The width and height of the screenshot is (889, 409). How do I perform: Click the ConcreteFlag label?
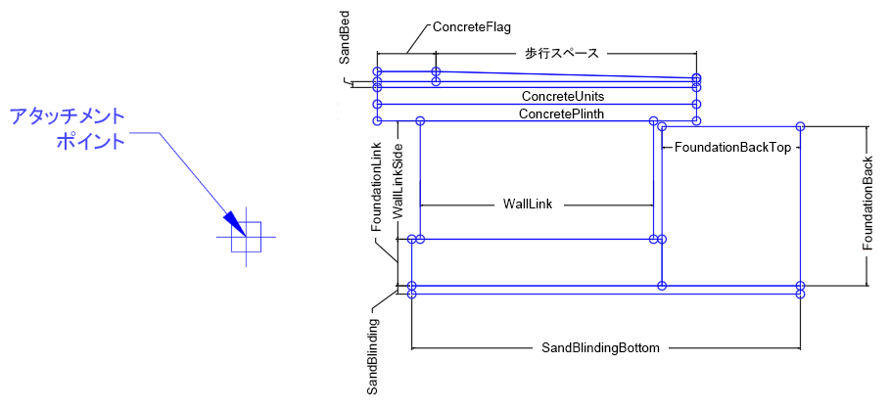472,27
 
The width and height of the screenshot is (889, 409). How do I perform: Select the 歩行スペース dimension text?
560,54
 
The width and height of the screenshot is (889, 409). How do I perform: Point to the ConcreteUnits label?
562,97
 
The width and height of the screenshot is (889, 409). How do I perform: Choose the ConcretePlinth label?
561,114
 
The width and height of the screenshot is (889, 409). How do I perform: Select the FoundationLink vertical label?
377,186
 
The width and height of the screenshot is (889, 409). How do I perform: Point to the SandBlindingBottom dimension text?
601,347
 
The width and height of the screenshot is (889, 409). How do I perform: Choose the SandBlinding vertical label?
373,355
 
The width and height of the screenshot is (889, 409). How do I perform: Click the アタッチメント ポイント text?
68,128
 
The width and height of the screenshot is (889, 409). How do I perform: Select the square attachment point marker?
247,237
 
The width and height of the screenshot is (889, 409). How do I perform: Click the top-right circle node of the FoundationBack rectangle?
801,126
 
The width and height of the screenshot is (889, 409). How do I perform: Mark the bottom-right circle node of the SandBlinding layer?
801,294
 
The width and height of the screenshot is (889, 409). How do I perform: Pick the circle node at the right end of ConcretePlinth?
696,121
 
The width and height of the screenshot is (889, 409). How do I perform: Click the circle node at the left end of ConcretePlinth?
377,121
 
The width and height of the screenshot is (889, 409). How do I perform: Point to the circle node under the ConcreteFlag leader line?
437,71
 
